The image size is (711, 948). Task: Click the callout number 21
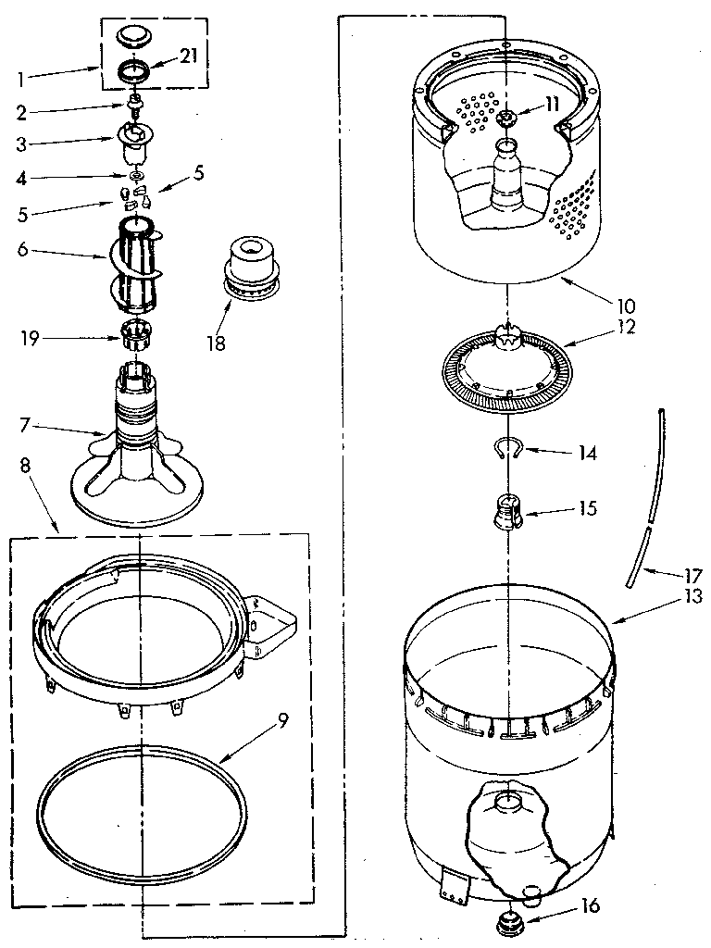coord(188,57)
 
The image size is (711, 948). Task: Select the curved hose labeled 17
coord(646,491)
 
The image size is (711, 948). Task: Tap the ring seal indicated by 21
coord(134,69)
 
